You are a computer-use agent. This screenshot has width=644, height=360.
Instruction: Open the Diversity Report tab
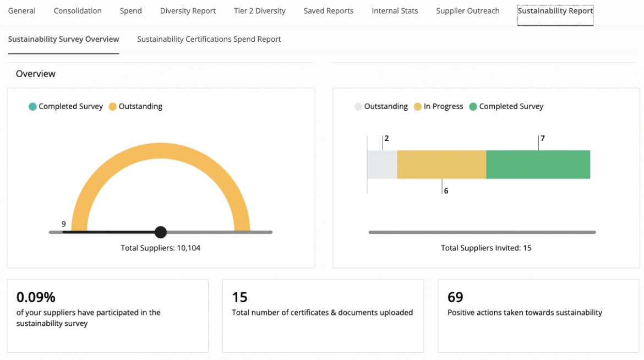pyautogui.click(x=188, y=11)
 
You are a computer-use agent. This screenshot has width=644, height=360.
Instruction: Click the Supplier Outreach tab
pyautogui.click(x=467, y=11)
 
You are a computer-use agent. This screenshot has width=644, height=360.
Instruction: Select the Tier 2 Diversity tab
pyautogui.click(x=259, y=11)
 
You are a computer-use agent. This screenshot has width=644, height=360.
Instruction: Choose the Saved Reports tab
pyautogui.click(x=328, y=11)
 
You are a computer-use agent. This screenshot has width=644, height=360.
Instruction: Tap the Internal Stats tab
pyautogui.click(x=395, y=11)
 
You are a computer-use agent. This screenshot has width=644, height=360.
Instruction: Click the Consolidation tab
pyautogui.click(x=78, y=11)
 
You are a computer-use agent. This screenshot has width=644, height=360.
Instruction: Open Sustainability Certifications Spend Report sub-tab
pyautogui.click(x=209, y=39)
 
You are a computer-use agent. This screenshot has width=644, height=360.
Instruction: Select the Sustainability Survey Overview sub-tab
pyautogui.click(x=63, y=39)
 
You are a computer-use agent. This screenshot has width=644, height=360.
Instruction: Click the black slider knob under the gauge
pyautogui.click(x=160, y=232)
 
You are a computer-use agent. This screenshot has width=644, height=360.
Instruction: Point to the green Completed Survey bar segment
pyautogui.click(x=538, y=165)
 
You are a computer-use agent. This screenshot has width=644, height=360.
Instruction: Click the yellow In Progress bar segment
pyautogui.click(x=441, y=165)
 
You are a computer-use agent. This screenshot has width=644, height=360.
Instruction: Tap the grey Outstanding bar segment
pyautogui.click(x=382, y=165)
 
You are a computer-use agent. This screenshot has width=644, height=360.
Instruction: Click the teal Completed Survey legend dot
pyautogui.click(x=32, y=107)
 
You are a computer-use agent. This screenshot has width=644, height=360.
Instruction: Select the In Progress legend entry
pyautogui.click(x=438, y=107)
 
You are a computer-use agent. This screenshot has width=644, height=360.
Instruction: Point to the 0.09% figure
pyautogui.click(x=36, y=297)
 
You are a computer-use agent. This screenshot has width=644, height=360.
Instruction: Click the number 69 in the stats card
pyautogui.click(x=455, y=297)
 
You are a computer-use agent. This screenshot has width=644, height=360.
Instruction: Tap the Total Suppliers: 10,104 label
pyautogui.click(x=160, y=248)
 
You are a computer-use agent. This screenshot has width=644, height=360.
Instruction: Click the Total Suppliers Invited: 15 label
pyautogui.click(x=486, y=248)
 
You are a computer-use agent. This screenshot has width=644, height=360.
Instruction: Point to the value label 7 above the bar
pyautogui.click(x=542, y=139)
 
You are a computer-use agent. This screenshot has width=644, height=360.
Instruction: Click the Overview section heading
pyautogui.click(x=36, y=74)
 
